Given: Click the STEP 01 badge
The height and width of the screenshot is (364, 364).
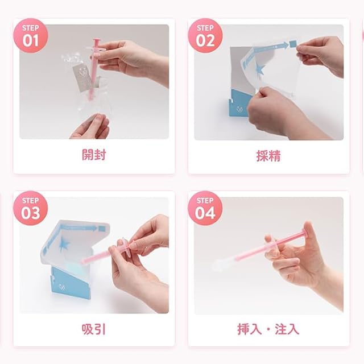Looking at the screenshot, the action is pyautogui.click(x=31, y=36).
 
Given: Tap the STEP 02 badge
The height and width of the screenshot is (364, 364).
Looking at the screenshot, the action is pyautogui.click(x=205, y=36).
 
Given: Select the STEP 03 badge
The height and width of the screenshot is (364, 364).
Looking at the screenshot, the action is pyautogui.click(x=31, y=208).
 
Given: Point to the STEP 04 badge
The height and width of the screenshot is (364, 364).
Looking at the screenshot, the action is pyautogui.click(x=205, y=208).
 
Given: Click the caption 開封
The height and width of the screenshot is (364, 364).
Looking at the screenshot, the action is pyautogui.click(x=94, y=155).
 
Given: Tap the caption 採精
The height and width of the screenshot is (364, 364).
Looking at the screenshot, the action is pyautogui.click(x=268, y=155).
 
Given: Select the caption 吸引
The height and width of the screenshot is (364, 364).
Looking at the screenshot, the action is pyautogui.click(x=94, y=329).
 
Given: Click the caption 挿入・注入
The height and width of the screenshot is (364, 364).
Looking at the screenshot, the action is pyautogui.click(x=268, y=329).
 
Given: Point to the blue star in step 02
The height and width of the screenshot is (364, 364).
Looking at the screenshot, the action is pyautogui.click(x=260, y=69).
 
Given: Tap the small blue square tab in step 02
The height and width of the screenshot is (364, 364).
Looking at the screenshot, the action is pyautogui.click(x=293, y=44).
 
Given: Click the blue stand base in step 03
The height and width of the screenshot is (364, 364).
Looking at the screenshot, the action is pyautogui.click(x=69, y=282).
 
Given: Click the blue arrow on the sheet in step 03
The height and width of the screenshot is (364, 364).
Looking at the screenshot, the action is pyautogui.click(x=79, y=229).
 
